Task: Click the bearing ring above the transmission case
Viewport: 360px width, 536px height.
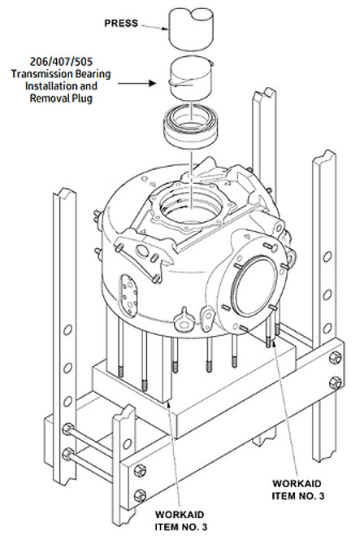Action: [x=195, y=125]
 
